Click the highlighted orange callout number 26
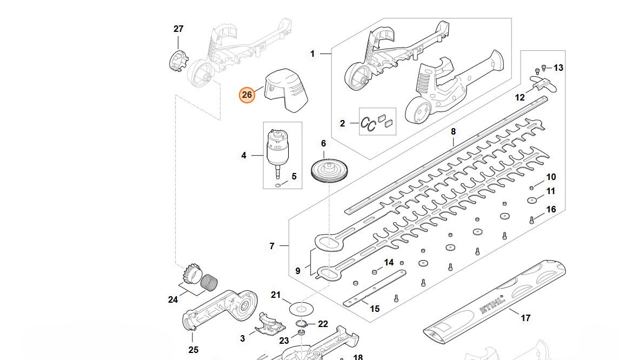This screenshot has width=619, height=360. [x=247, y=95]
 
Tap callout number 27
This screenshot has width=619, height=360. [x=178, y=29]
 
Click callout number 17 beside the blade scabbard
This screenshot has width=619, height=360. [x=525, y=318]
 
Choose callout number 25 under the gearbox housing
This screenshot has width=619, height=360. [x=194, y=350]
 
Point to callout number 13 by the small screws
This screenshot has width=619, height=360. [x=558, y=68]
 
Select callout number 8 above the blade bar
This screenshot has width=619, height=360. [x=453, y=131]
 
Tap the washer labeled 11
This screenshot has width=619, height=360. [x=532, y=201]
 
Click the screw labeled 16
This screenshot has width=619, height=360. [x=531, y=219]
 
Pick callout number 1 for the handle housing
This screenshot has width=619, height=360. [x=312, y=54]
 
